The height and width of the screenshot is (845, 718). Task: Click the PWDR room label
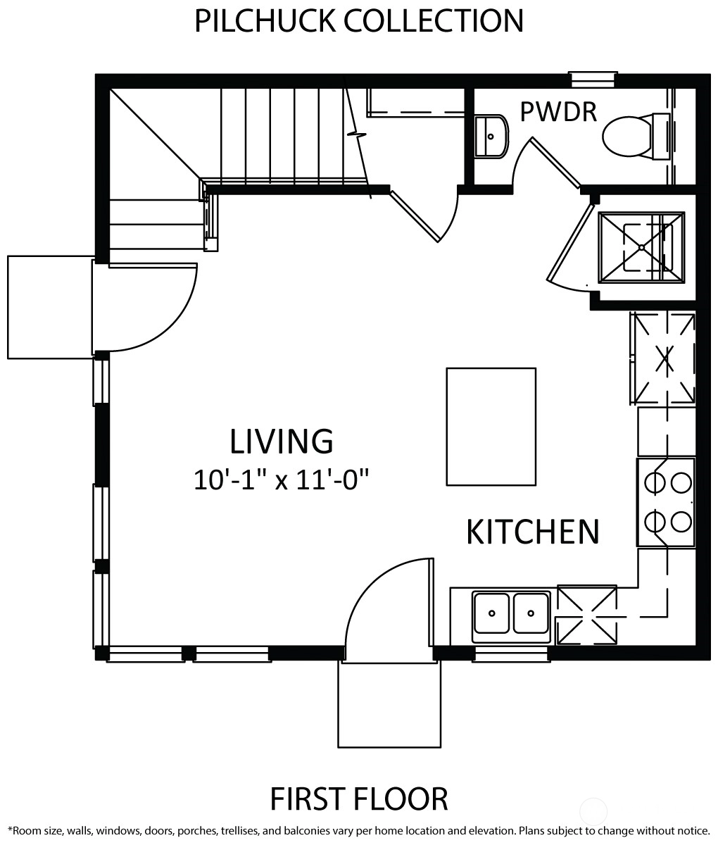(x=558, y=111)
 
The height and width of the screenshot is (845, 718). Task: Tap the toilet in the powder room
(x=636, y=136)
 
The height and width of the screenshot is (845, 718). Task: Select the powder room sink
(x=491, y=136)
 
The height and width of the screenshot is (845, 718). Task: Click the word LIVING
(x=282, y=442)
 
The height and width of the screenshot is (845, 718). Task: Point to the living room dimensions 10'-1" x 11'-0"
(x=281, y=480)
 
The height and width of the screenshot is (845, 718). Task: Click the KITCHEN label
(x=532, y=532)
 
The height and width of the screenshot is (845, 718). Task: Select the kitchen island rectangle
(x=491, y=427)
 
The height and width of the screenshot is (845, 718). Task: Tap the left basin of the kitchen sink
(x=491, y=613)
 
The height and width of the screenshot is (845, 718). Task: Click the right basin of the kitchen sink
(x=531, y=613)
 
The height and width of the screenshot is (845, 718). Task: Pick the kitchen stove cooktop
(x=665, y=502)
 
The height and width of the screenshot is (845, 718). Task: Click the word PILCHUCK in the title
(x=265, y=21)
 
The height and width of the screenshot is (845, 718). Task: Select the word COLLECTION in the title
(x=434, y=21)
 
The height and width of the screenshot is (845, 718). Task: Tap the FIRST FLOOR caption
(x=359, y=799)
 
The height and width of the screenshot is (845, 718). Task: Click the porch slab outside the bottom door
(x=389, y=704)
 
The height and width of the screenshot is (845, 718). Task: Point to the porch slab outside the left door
(x=50, y=308)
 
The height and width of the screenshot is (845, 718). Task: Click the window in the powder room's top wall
(x=593, y=80)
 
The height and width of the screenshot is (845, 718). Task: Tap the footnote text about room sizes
(x=359, y=831)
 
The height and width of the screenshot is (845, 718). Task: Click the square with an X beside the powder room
(x=641, y=247)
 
